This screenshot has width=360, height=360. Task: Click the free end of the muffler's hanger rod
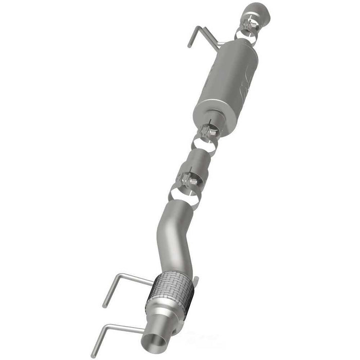pos(189,45)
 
